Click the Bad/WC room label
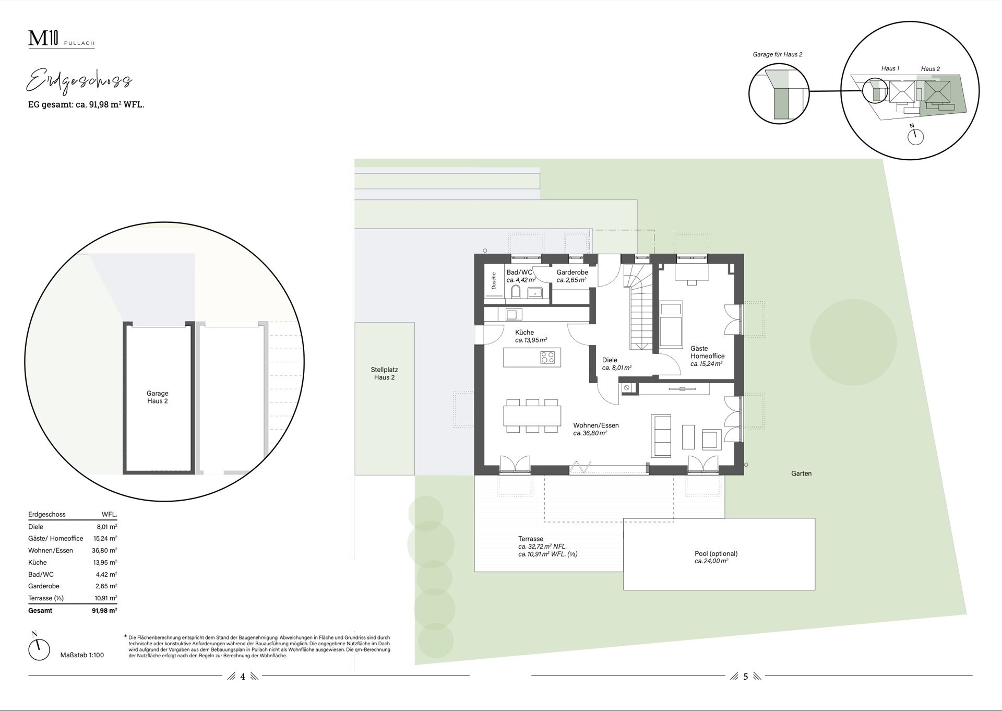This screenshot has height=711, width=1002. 519,272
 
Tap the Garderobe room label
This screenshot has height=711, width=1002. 572,272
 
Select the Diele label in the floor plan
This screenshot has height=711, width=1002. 610,360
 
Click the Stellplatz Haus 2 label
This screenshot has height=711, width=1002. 384,373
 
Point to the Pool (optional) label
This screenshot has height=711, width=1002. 716,553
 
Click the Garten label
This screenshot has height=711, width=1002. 801,473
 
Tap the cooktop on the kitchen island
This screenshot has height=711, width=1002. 547,358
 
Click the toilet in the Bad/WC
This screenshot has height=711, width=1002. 516,292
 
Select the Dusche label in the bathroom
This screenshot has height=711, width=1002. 494,281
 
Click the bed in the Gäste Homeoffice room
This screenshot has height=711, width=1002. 671,324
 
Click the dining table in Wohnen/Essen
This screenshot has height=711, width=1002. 532,416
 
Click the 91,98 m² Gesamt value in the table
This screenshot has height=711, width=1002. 104,610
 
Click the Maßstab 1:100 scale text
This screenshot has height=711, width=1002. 82,655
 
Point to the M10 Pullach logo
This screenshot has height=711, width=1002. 61,40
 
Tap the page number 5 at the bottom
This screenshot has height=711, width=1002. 745,677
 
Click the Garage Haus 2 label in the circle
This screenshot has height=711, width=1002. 157,397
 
